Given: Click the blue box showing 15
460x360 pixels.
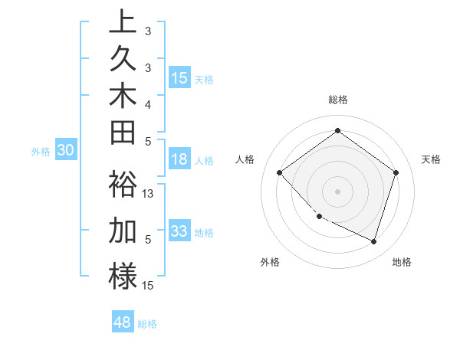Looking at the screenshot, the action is [179, 78].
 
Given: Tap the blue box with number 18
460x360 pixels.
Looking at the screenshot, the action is [179, 160].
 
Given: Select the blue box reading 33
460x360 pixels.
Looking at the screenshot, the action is [179, 232].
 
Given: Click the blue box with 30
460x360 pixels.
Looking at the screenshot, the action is [66, 151].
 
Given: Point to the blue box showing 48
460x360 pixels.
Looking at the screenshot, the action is [123, 322].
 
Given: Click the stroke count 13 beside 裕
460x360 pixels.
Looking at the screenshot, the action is [149, 194].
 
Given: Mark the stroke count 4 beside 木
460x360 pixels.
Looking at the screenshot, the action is [148, 104].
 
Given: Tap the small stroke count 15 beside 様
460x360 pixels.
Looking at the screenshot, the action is [149, 286].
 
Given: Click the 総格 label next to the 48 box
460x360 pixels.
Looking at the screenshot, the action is [147, 324].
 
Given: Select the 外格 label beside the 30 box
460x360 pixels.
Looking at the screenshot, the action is [41, 152].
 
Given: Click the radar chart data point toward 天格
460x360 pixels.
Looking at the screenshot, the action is [396, 172].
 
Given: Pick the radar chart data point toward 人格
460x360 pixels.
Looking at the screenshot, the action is [280, 172].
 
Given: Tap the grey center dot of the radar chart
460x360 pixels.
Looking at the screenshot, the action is [337, 191].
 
